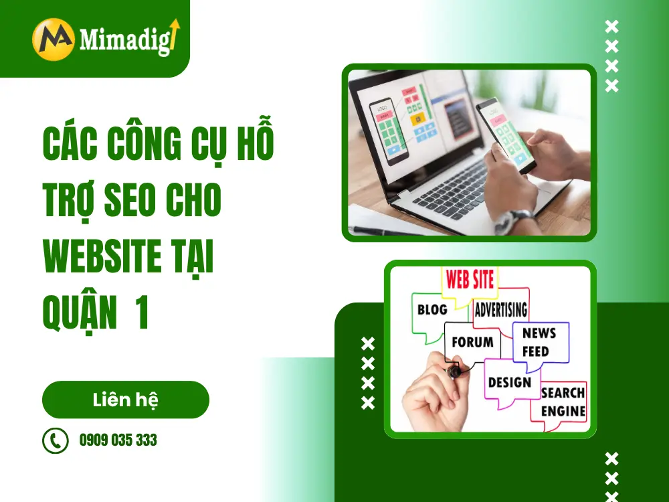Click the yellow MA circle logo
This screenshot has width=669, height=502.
pyautogui.click(x=54, y=39)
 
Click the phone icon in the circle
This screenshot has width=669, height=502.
pyautogui.click(x=56, y=440)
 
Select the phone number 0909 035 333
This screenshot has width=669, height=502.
pyautogui.click(x=118, y=440)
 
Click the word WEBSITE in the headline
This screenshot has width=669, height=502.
pyautogui.click(x=102, y=256)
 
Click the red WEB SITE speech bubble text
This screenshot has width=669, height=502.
pyautogui.click(x=470, y=280)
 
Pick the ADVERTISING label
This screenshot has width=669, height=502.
pyautogui.click(x=501, y=309)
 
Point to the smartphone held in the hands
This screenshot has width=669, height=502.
pyautogui.click(x=506, y=135)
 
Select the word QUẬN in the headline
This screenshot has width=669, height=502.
pyautogui.click(x=80, y=313)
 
